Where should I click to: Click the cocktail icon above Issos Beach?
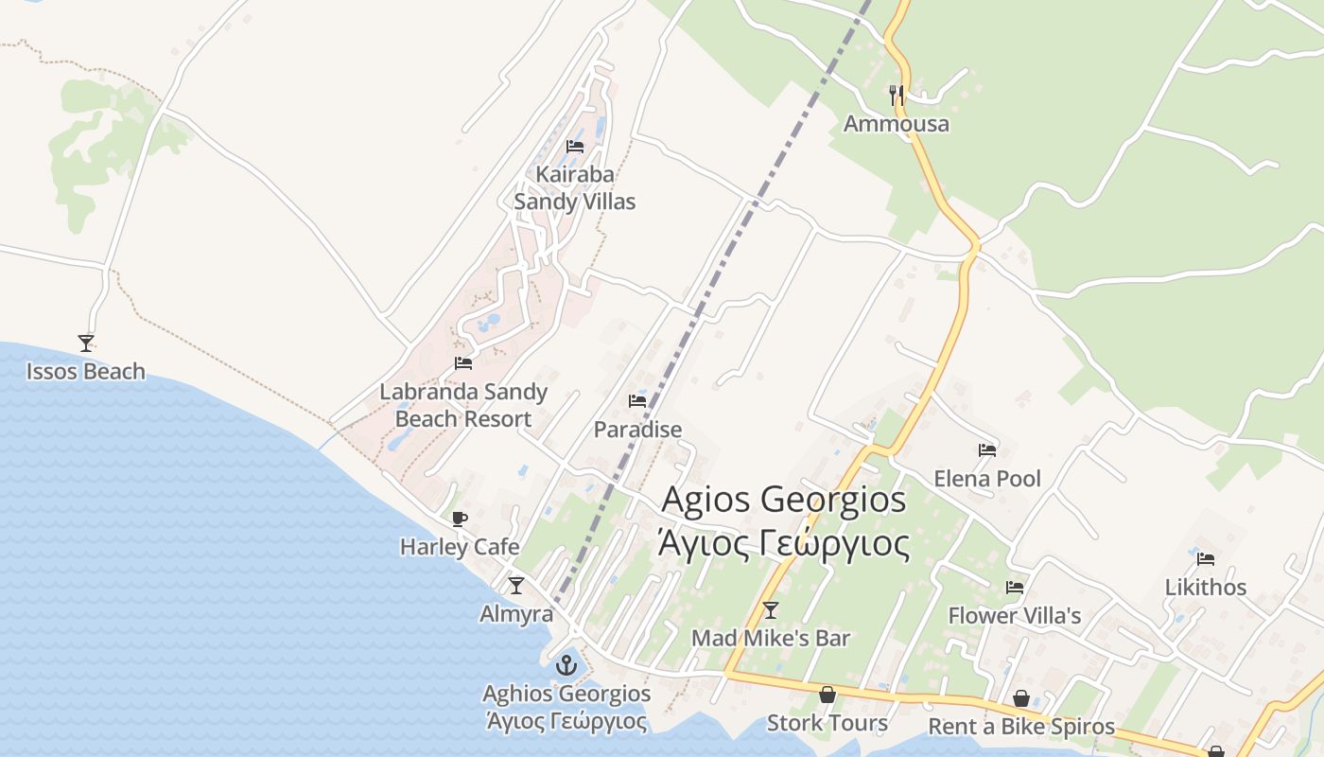click(86, 343)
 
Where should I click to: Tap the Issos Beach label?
click(86, 371)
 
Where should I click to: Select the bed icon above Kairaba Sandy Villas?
click(574, 147)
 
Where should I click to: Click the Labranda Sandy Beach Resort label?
click(463, 405)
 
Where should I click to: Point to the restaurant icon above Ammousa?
click(897, 95)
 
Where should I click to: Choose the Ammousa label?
click(896, 124)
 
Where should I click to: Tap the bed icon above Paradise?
click(637, 401)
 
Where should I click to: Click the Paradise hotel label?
click(637, 430)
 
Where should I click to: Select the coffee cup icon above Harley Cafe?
click(460, 519)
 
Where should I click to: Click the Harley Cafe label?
click(460, 547)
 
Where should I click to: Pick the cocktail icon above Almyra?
click(515, 586)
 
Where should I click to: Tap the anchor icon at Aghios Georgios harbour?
click(566, 665)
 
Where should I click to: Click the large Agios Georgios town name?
click(784, 521)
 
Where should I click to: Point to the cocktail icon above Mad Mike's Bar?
click(771, 610)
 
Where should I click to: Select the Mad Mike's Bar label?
click(771, 639)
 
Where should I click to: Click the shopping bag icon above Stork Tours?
click(827, 695)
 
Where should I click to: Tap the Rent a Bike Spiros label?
click(1021, 727)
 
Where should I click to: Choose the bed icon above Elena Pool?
click(987, 450)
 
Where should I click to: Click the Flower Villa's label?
click(1014, 616)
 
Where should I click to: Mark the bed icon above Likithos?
click(1205, 558)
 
